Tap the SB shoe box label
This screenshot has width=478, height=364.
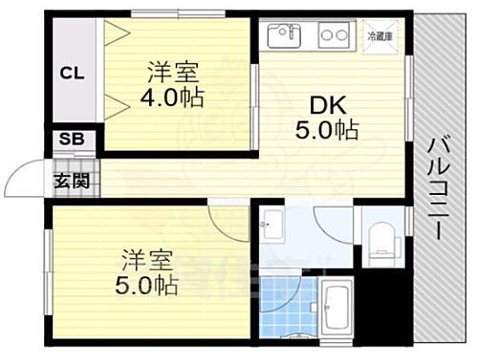pos(72,139)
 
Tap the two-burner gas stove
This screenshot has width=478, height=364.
pos(332,37)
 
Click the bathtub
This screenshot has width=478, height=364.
pos(335,309)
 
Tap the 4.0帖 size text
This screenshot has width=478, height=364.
pos(173,99)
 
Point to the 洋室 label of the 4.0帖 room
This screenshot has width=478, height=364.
pos(173,71)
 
